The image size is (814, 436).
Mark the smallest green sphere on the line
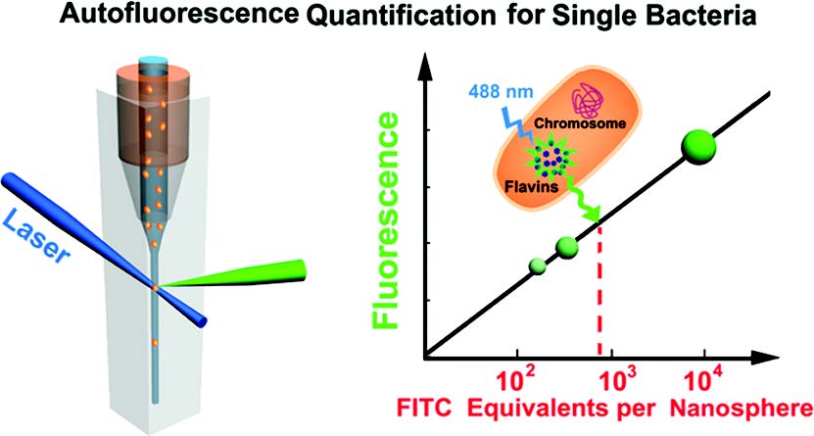537,265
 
